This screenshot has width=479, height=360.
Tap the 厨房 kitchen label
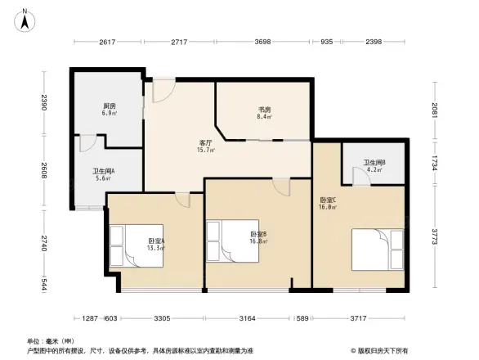click(x=109, y=105)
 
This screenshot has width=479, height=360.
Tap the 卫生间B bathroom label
click(x=374, y=163)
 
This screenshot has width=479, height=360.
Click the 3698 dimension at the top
click(x=262, y=42)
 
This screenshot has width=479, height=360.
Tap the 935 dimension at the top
click(x=326, y=42)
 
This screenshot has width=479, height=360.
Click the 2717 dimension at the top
click(x=181, y=42)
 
